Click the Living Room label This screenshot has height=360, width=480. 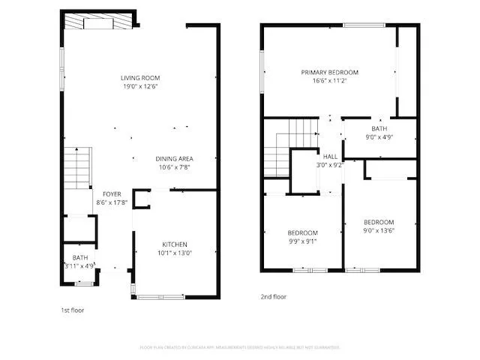(140, 78)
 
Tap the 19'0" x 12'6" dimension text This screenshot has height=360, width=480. (140, 86)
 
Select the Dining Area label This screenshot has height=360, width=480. (175, 159)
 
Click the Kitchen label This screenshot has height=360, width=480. (175, 244)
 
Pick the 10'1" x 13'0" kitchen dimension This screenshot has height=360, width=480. (175, 253)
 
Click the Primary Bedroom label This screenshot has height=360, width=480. (329, 73)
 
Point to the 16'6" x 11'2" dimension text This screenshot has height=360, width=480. (329, 81)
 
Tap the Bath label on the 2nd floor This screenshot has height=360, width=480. (379, 129)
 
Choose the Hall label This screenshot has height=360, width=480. (329, 156)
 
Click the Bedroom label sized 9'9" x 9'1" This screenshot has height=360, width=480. (302, 232)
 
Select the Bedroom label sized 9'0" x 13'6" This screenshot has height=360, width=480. (379, 222)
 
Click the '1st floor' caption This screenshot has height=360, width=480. (73, 309)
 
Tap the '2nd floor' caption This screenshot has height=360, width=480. (273, 297)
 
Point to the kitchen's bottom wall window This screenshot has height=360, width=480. (160, 297)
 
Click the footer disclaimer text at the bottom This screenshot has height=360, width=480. (240, 347)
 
